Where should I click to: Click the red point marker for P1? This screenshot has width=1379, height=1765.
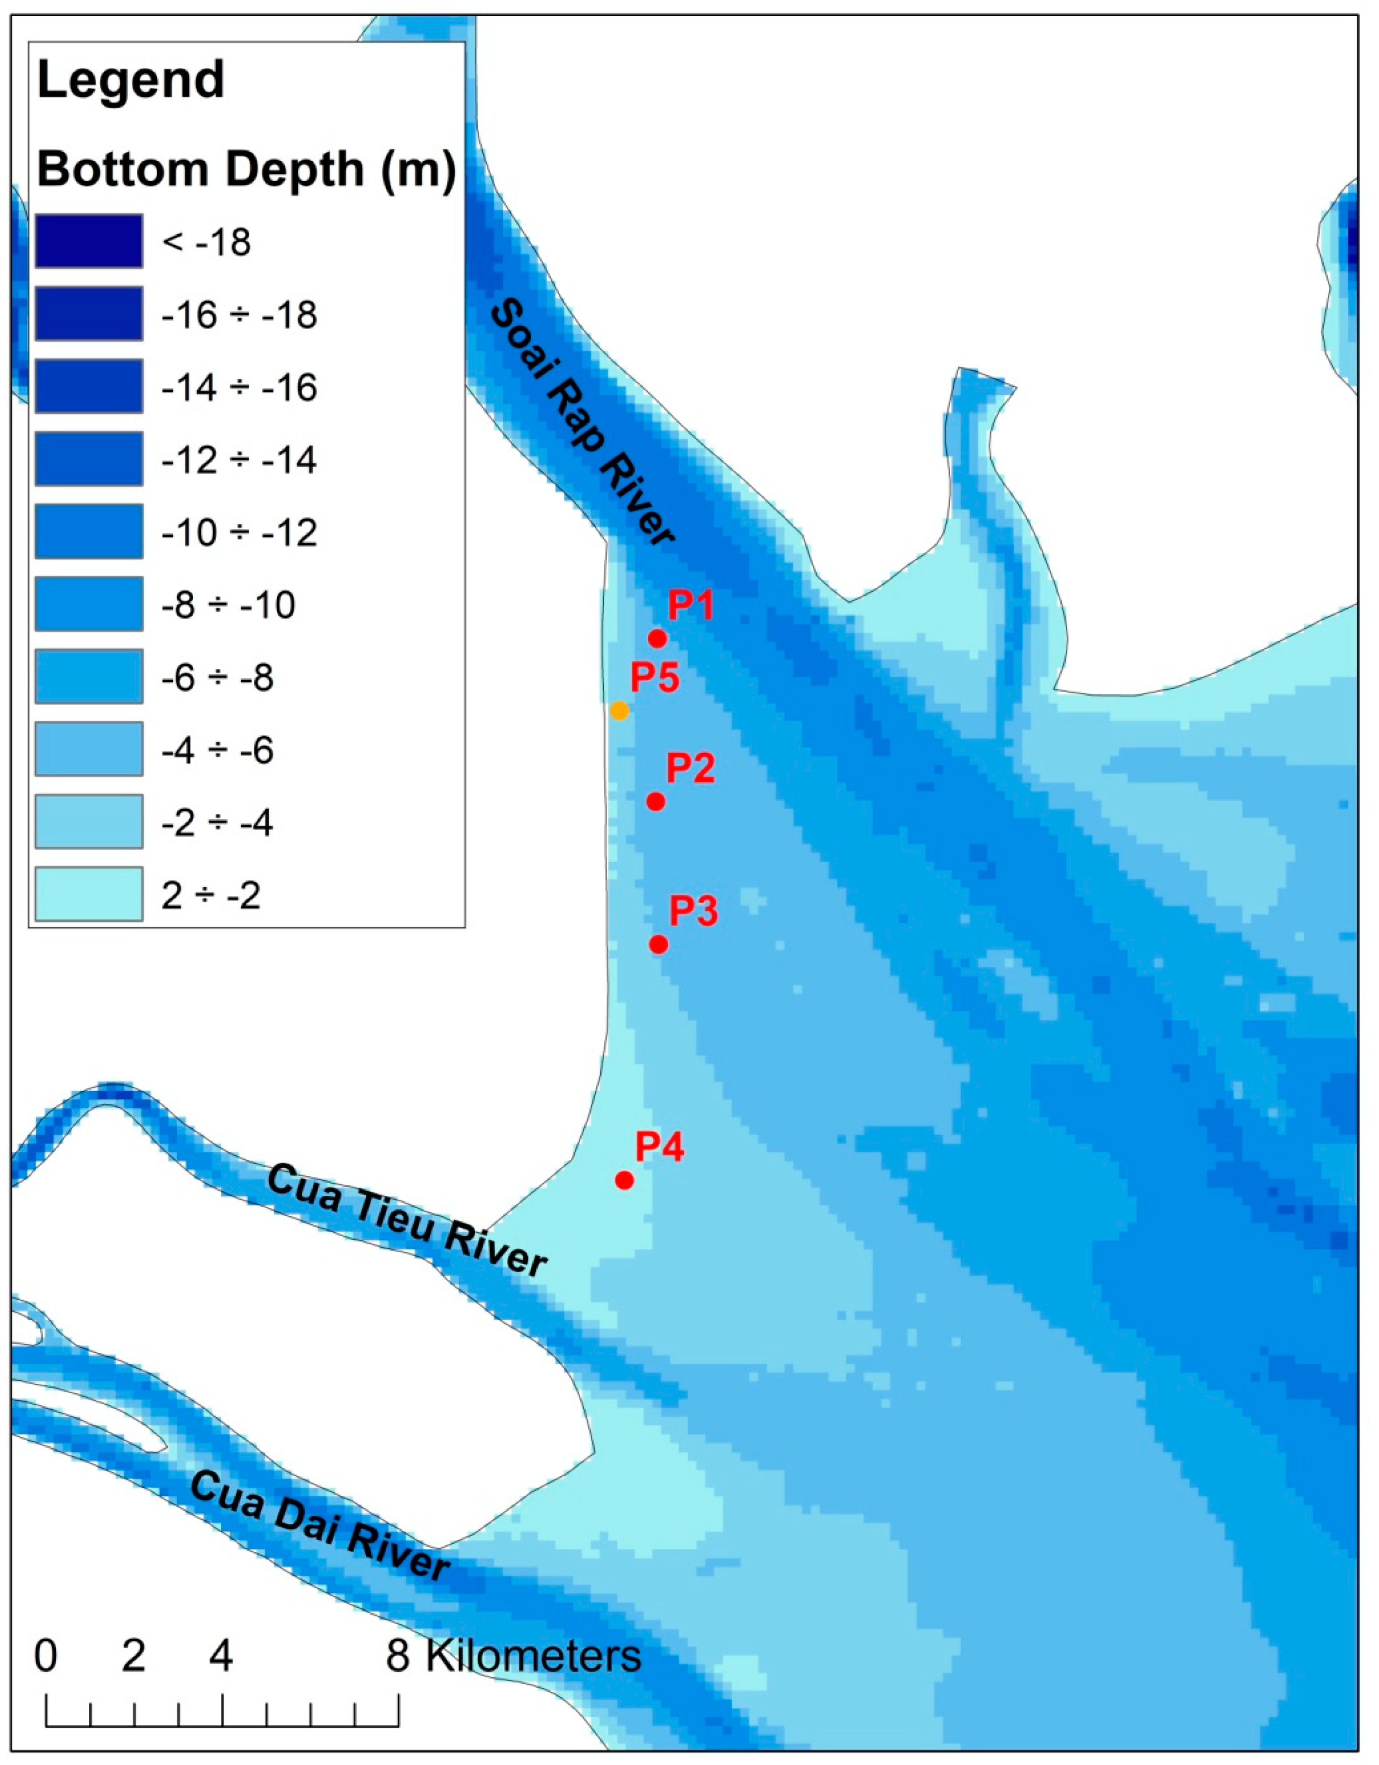coord(657,639)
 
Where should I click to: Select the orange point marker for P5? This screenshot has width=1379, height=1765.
coord(619,711)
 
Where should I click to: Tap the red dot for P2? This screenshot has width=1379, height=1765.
coord(656,802)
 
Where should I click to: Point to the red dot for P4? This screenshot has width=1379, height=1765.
coord(624,1181)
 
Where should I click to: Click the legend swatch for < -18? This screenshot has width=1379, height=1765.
coord(89,241)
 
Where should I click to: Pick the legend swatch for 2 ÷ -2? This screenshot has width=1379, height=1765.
coord(89,894)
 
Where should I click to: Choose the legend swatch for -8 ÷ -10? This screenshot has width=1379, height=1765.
coord(89,604)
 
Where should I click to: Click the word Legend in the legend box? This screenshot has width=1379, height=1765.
coord(131,80)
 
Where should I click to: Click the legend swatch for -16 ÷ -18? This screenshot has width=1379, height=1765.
coord(89,314)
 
